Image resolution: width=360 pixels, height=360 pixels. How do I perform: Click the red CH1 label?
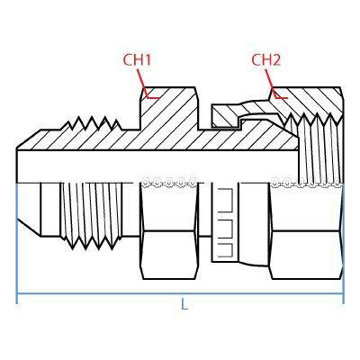pos(137,60)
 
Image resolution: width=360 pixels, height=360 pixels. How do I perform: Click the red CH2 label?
pos(265,60)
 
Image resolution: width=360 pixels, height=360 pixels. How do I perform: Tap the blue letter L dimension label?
pos(184,303)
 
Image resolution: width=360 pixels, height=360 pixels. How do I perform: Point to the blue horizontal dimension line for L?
pos(180,294)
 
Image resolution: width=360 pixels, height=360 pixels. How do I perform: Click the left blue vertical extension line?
pos(17,243)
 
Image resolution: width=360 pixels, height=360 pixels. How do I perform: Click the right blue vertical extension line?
pos(343,243)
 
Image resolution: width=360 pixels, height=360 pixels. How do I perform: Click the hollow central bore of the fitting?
pos(157,166)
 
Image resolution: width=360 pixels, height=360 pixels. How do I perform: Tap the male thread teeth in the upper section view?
pos(92,123)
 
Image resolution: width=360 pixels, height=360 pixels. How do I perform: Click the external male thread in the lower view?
pos(92,215)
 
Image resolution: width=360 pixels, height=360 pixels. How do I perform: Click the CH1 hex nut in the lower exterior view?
pos(169,231)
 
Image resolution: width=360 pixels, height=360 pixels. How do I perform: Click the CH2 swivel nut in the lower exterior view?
pos(307,231)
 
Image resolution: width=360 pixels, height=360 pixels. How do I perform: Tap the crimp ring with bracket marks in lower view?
pos(225,222)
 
